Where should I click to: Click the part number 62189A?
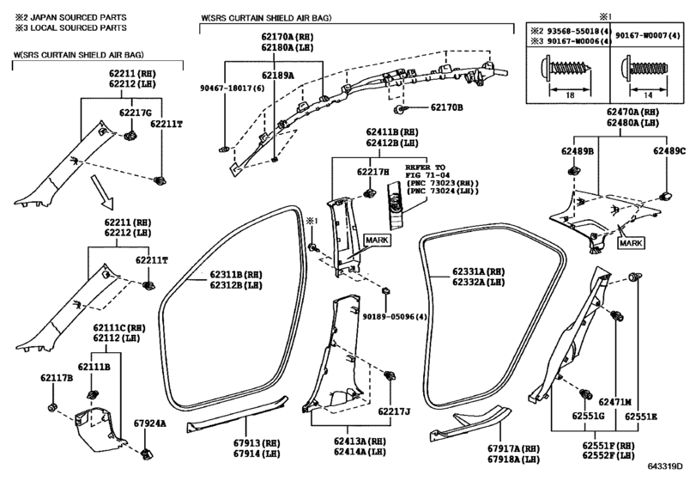coord(277,76)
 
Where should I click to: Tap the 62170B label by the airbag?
coord(446,107)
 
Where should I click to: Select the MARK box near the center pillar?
coord(378,240)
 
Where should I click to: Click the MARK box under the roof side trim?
coord(631,243)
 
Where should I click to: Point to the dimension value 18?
coord(571,95)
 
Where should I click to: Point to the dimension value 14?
coord(648,95)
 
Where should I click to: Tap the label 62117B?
coord(57,378)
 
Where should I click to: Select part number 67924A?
coord(150,423)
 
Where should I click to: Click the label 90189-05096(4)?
coord(395,317)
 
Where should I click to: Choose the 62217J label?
coord(394,411)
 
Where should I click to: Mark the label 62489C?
coord(669,151)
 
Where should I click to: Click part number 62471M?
coord(614,402)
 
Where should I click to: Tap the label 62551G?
coord(588,416)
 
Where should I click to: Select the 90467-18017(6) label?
coord(233,88)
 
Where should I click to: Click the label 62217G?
coord(136,113)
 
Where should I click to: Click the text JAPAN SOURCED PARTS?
coord(78,17)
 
